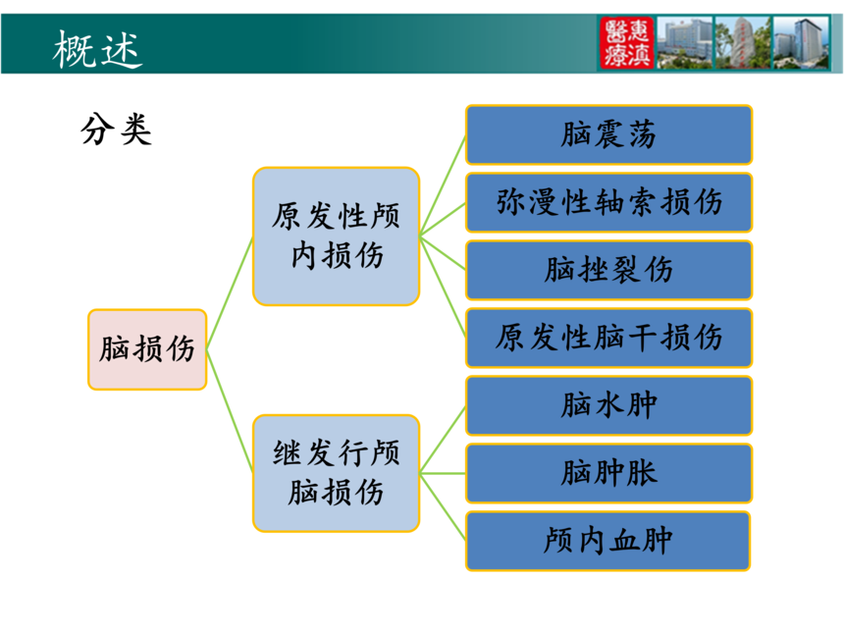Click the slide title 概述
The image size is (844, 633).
click(x=97, y=49)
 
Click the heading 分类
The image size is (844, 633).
click(x=116, y=130)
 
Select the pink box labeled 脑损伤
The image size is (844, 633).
click(x=147, y=349)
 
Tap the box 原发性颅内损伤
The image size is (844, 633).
click(x=336, y=237)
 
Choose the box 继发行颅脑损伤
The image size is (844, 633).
click(x=336, y=473)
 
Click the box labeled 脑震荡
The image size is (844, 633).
click(x=608, y=134)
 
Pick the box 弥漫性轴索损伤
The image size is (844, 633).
click(x=608, y=202)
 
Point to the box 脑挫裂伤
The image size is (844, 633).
click(x=608, y=270)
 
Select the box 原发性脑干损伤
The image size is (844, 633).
click(x=608, y=338)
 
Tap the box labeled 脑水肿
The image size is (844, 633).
click(x=608, y=406)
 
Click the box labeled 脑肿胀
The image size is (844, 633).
click(x=608, y=474)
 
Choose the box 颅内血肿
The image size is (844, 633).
click(x=608, y=541)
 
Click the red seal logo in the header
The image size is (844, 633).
click(x=626, y=42)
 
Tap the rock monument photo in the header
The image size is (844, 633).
click(x=743, y=42)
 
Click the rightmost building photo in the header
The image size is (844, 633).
click(x=801, y=42)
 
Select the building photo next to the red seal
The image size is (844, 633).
click(x=685, y=42)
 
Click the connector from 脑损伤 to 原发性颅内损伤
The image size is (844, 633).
click(x=230, y=292)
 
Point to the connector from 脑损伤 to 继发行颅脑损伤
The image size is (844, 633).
click(x=230, y=411)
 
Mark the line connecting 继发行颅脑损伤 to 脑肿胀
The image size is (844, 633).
click(x=443, y=474)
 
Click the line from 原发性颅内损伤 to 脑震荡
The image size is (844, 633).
click(x=443, y=185)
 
